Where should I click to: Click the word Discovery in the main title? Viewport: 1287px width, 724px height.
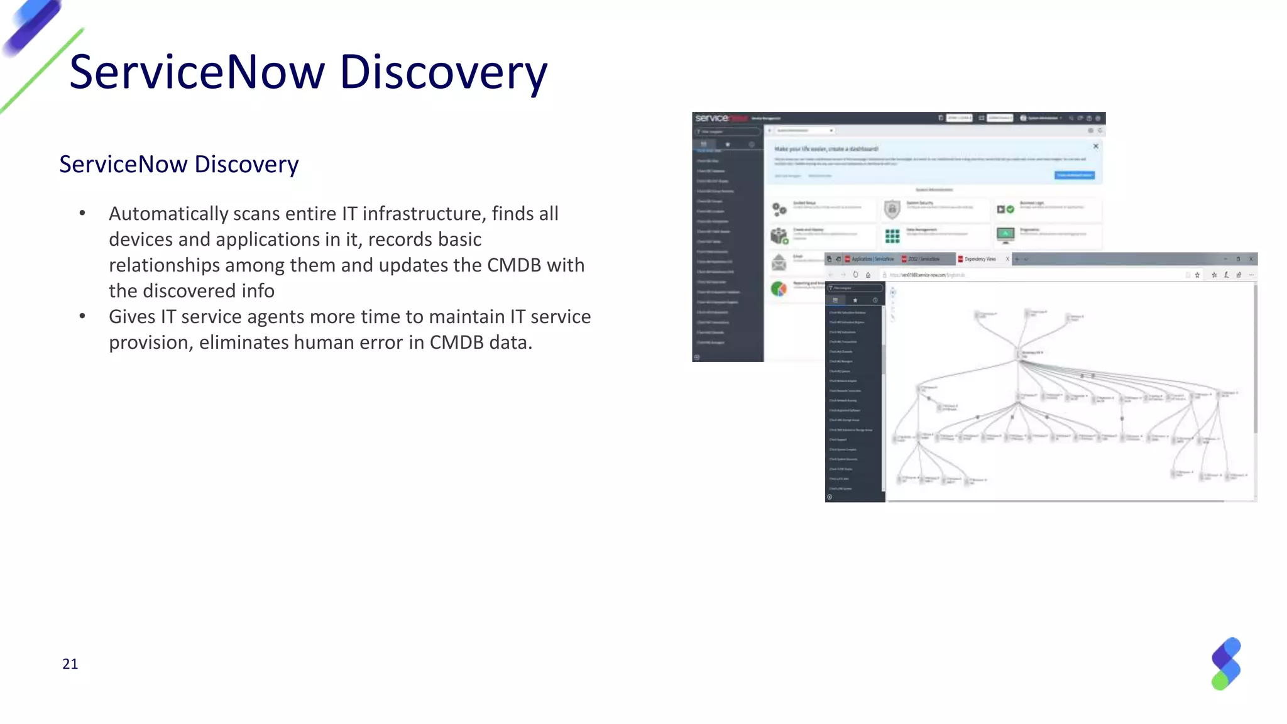pyautogui.click(x=443, y=72)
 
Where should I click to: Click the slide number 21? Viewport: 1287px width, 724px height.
pyautogui.click(x=70, y=664)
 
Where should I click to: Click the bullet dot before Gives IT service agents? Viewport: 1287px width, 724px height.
pyautogui.click(x=82, y=316)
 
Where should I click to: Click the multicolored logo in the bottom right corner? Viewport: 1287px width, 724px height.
pyautogui.click(x=1226, y=664)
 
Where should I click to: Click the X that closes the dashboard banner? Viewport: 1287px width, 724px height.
pyautogui.click(x=1095, y=146)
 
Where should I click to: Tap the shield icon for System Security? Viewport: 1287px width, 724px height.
pyautogui.click(x=892, y=209)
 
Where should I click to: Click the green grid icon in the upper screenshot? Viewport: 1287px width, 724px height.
pyautogui.click(x=892, y=236)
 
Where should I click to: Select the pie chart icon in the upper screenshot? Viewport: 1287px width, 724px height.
pyautogui.click(x=779, y=288)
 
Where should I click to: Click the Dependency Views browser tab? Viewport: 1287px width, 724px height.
pyautogui.click(x=979, y=259)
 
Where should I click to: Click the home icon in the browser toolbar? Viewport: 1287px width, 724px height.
pyautogui.click(x=868, y=275)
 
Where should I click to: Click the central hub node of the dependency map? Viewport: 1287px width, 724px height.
pyautogui.click(x=1019, y=354)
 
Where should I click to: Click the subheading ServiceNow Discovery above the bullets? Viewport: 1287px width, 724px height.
pyautogui.click(x=178, y=164)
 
